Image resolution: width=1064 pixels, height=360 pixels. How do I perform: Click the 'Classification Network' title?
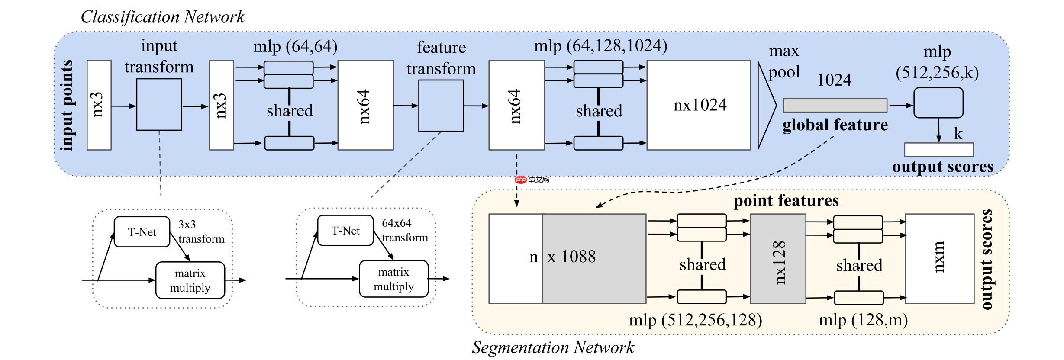click(x=162, y=17)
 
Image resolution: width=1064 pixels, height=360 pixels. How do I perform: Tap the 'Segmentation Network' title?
click(x=553, y=347)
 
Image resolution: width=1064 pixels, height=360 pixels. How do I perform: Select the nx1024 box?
click(x=699, y=105)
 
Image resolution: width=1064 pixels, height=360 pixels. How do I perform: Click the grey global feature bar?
click(x=835, y=105)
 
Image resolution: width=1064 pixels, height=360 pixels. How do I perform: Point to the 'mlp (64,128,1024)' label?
click(x=600, y=45)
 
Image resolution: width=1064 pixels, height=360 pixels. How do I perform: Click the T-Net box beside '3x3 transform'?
click(x=142, y=232)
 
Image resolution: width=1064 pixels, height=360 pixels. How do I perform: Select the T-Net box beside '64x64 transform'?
click(x=345, y=231)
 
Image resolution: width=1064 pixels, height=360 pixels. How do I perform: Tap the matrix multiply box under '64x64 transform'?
click(x=393, y=279)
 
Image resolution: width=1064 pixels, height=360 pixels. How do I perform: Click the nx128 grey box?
click(x=778, y=259)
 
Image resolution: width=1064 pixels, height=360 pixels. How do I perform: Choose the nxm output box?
click(x=939, y=259)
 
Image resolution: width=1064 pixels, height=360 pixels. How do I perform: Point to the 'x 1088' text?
click(x=571, y=257)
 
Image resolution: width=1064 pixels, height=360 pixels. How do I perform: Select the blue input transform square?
click(x=159, y=104)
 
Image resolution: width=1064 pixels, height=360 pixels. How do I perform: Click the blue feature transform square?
click(x=441, y=106)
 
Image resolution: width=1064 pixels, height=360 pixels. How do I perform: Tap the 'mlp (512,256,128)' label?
click(x=695, y=320)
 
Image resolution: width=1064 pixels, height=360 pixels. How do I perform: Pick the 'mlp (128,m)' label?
click(x=863, y=320)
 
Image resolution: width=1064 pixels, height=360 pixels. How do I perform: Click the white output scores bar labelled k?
click(x=939, y=150)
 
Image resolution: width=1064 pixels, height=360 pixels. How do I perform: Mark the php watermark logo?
click(x=521, y=180)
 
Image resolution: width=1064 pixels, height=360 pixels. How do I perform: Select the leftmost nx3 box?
click(x=99, y=105)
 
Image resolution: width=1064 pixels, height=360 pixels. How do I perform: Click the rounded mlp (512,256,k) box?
click(x=938, y=103)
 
